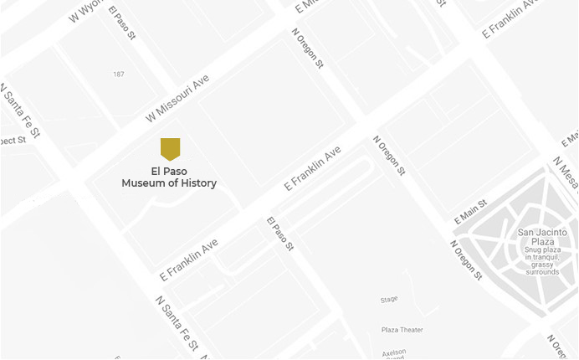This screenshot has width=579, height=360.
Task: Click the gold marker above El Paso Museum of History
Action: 170,149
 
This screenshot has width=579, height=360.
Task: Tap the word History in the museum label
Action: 197,183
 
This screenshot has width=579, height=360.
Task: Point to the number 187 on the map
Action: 119,75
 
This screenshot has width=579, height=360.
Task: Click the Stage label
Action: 388,299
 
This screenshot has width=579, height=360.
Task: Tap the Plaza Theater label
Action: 402,330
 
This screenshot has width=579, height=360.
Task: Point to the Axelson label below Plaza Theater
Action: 394,351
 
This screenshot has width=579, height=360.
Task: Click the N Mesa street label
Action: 566,172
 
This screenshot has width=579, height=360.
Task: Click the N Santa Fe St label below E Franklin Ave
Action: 177,323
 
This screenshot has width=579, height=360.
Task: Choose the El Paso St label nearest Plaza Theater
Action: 280,234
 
